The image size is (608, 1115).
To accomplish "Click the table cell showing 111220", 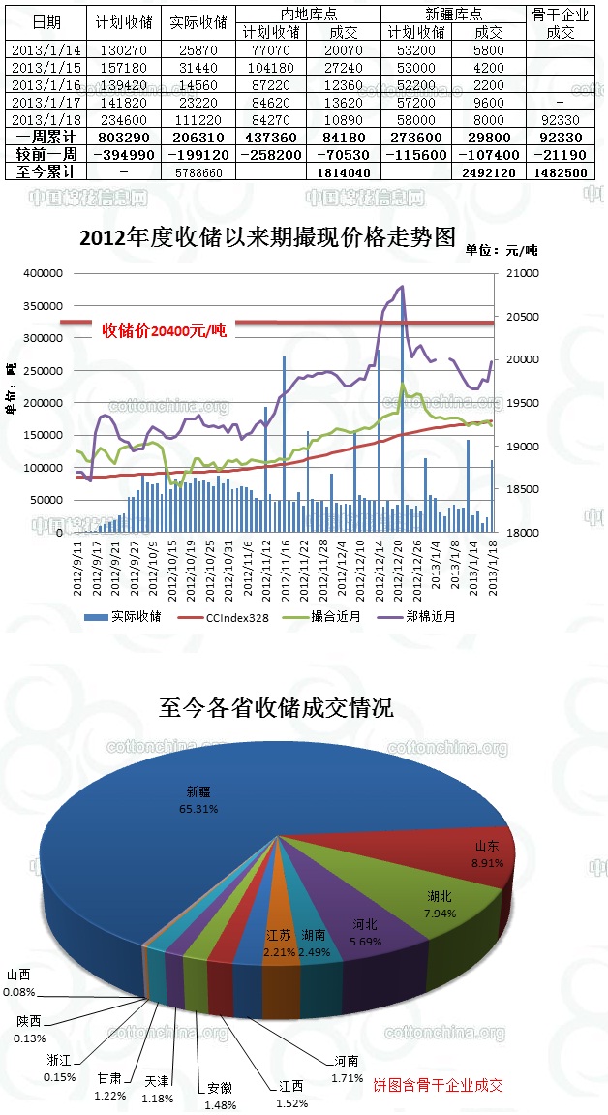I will tap(198, 119).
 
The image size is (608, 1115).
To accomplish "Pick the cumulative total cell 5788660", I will tap(198, 171).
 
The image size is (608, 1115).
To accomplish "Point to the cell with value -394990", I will tap(122, 154).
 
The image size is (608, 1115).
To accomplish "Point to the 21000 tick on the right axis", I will tap(516, 274).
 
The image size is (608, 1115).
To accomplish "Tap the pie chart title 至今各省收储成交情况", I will tap(276, 708).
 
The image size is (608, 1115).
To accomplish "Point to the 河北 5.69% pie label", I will tap(365, 932).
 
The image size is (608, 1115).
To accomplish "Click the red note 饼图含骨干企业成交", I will tap(439, 1085).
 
